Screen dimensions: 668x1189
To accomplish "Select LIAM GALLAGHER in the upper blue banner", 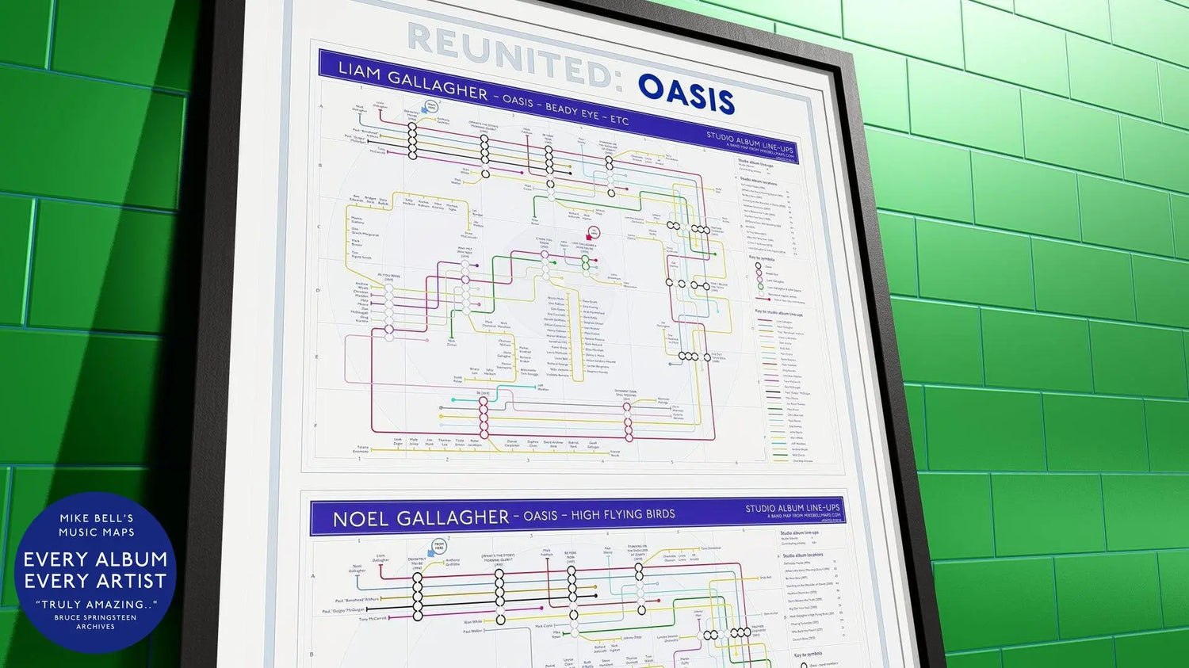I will coord(412,82).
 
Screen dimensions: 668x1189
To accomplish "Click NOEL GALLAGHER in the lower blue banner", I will coord(421,518).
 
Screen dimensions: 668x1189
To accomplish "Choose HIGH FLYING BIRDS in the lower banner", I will coord(622,515).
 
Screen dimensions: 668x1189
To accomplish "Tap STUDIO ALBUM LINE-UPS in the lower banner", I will coord(792,508).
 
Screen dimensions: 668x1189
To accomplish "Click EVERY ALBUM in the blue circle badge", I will coord(95,559).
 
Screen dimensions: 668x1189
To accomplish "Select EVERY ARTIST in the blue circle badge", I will coord(95,582).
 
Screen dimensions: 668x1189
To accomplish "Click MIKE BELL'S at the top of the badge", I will coord(96,518).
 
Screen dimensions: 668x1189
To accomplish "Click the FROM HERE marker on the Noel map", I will coord(438,547).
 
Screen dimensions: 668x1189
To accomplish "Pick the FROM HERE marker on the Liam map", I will coord(431,106).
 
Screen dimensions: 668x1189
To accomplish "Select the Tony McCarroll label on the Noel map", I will coord(373,619).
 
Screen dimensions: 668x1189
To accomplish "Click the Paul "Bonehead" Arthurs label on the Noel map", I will coord(357,600).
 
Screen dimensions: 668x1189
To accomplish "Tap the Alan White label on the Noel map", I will coord(472,622).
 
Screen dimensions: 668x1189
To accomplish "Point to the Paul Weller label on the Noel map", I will coord(472,632).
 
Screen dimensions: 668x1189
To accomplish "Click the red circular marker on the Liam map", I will coord(593,232).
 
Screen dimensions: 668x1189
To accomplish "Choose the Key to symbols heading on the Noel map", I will coord(809,655).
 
